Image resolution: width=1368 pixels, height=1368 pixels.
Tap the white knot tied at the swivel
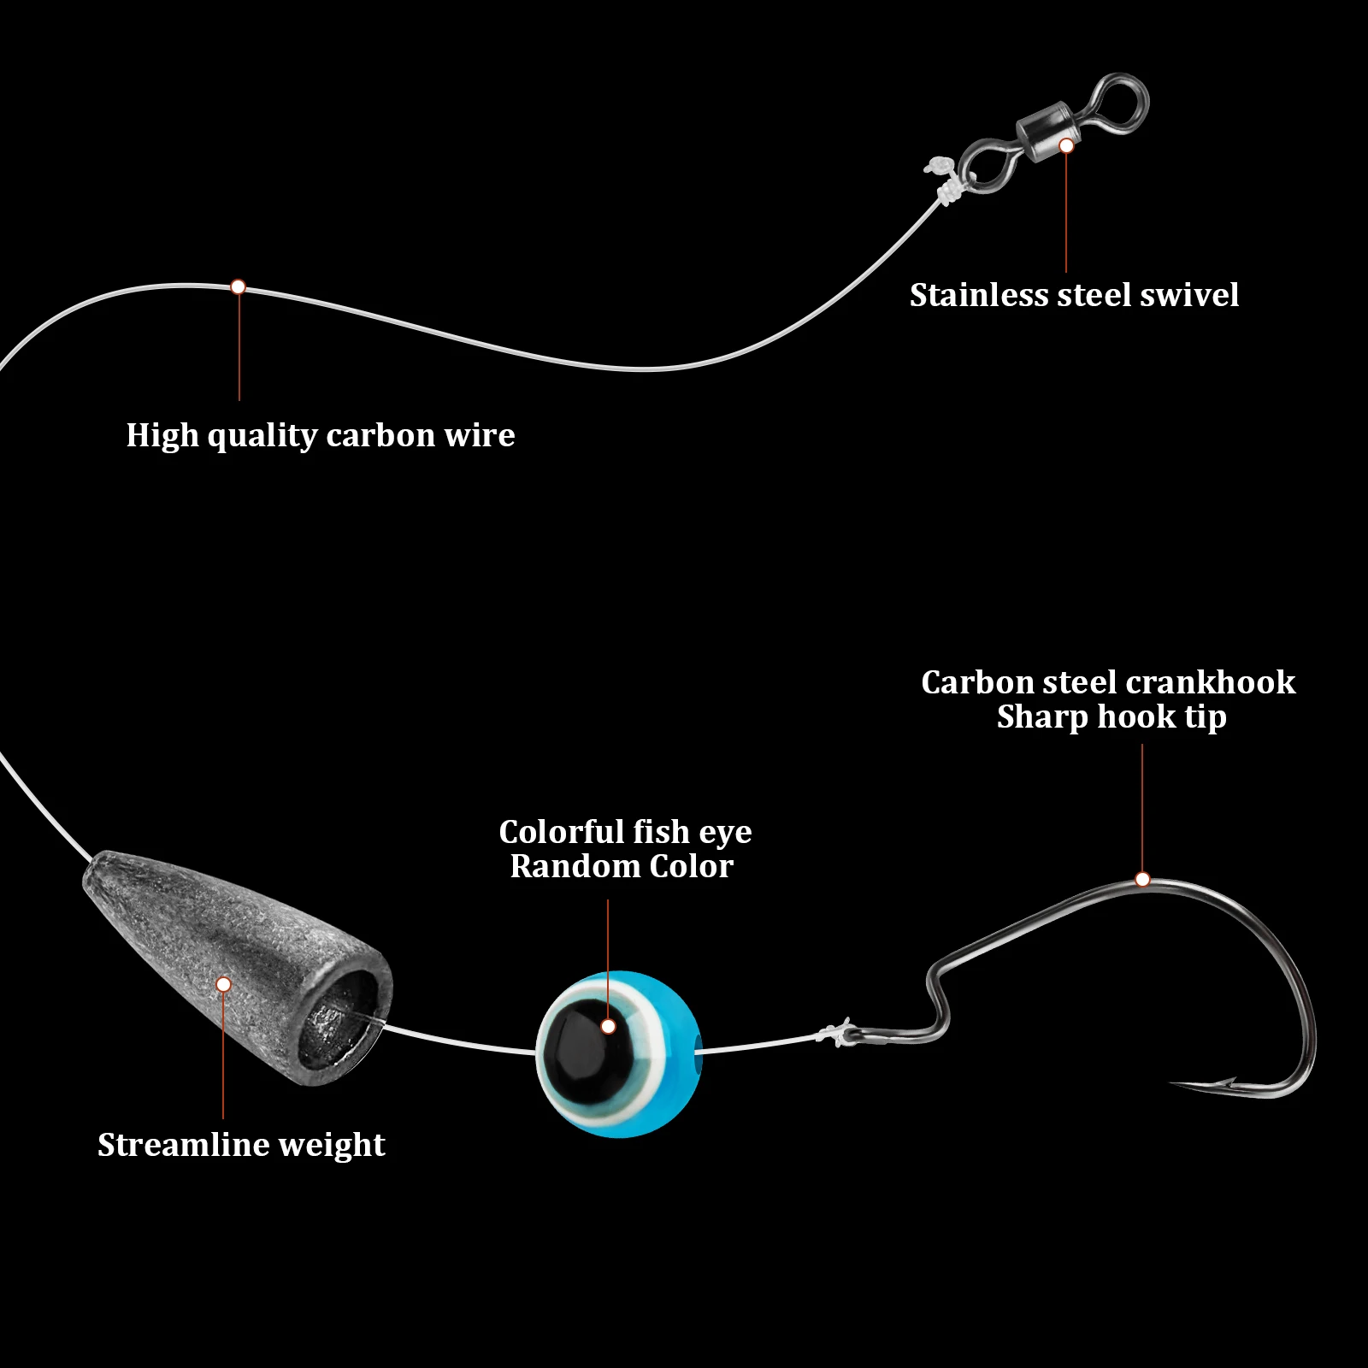click(x=944, y=192)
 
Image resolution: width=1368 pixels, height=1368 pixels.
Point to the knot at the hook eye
click(x=834, y=1034)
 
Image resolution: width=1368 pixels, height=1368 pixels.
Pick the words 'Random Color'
click(x=622, y=866)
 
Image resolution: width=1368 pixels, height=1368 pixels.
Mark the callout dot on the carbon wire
click(x=239, y=287)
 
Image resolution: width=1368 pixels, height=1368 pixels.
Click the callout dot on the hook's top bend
click(x=1142, y=879)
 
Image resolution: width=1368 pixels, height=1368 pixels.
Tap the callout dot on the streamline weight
click(x=223, y=984)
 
